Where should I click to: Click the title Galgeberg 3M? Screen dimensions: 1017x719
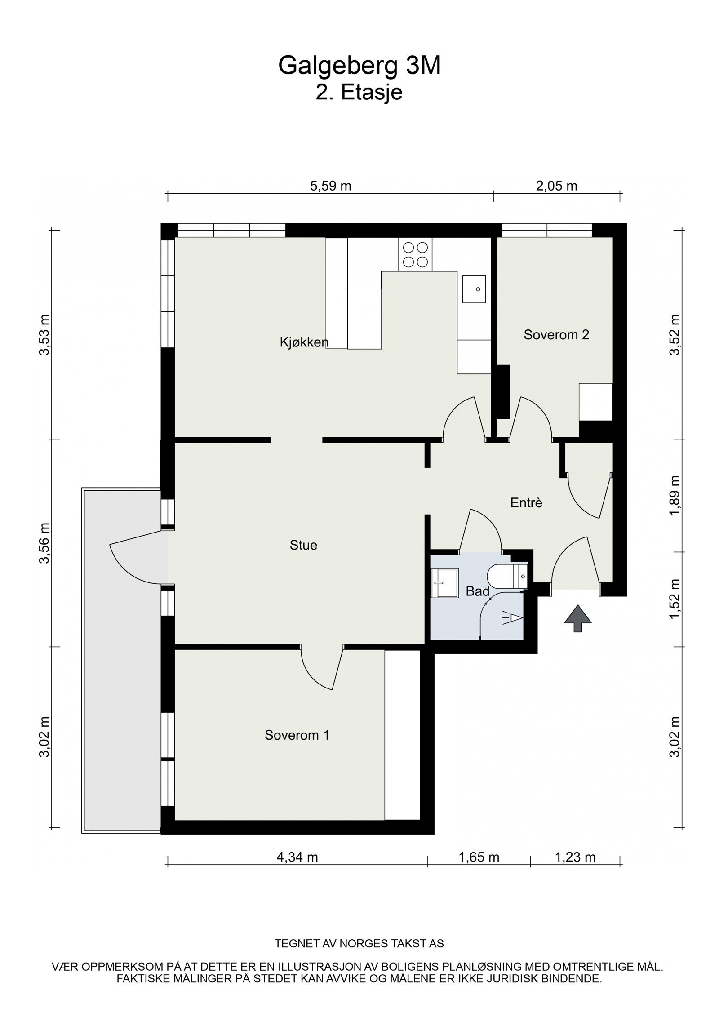point(359,66)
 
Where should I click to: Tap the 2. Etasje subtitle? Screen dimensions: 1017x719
point(359,93)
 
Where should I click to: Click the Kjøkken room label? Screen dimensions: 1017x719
point(304,342)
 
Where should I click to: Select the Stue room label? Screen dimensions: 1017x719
point(303,545)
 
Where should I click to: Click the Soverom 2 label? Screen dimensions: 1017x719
point(556,334)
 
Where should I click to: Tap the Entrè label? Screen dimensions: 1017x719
point(526,503)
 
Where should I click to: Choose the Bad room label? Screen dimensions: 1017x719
point(477,591)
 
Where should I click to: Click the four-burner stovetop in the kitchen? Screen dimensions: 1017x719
point(415,254)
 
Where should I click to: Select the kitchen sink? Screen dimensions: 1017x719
point(474,289)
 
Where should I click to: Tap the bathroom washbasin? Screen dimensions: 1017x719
point(445,583)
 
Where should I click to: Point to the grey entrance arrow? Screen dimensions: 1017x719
point(578,618)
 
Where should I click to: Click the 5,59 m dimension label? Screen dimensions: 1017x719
point(331,186)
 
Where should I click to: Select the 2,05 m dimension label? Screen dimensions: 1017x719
point(556,186)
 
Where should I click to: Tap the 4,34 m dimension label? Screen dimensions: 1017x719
point(297,870)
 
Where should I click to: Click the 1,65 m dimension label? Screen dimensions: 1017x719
point(479,870)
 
